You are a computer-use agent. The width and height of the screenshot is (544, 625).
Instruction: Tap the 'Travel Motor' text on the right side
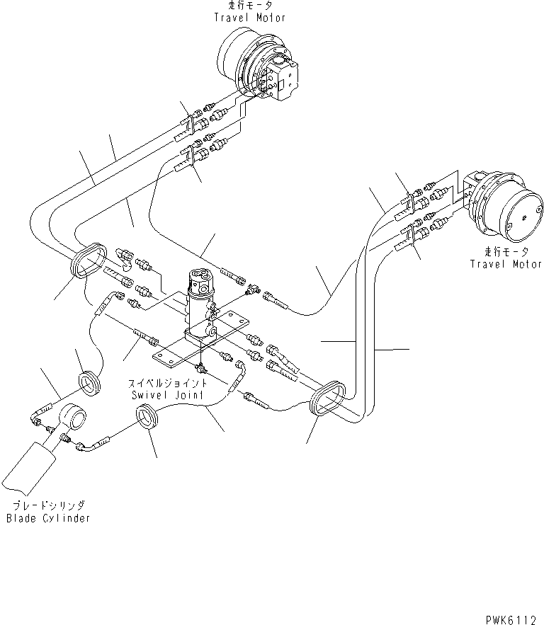coord(506,264)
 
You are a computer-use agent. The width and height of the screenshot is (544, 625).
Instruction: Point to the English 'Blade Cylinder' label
coord(48,518)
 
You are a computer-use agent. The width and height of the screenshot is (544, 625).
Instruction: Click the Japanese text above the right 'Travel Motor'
coord(505,252)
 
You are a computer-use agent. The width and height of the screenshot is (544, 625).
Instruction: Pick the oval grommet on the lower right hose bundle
coord(329,403)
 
